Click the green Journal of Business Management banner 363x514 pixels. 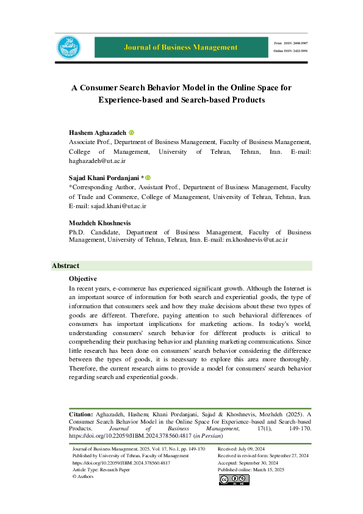coord(181,47)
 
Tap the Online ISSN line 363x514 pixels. coord(292,51)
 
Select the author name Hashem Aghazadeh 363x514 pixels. coord(97,132)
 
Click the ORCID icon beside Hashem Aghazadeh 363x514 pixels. coord(131,132)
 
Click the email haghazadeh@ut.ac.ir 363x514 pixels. coord(97,161)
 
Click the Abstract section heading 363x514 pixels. coord(65,266)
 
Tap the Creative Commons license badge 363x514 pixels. coord(234,480)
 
